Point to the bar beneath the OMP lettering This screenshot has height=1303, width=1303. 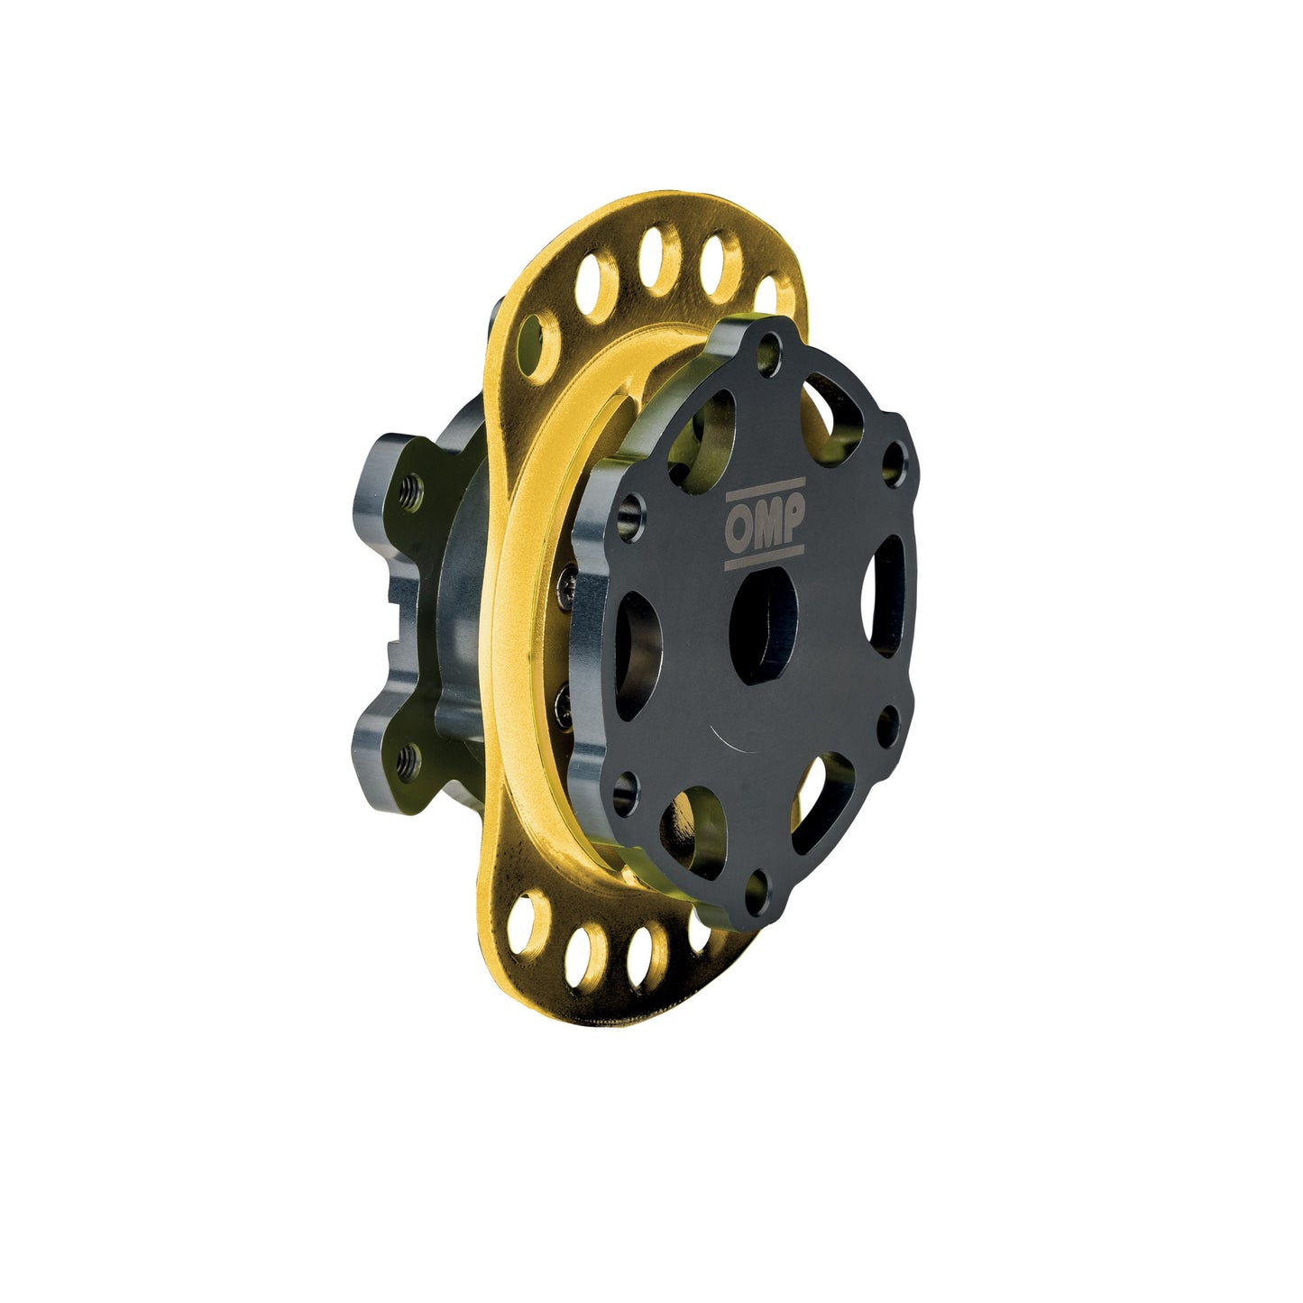tap(765, 559)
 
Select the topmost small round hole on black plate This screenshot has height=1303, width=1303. tap(768, 346)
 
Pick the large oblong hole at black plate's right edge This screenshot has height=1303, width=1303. tap(888, 595)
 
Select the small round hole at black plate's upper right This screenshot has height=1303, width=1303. tap(893, 460)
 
